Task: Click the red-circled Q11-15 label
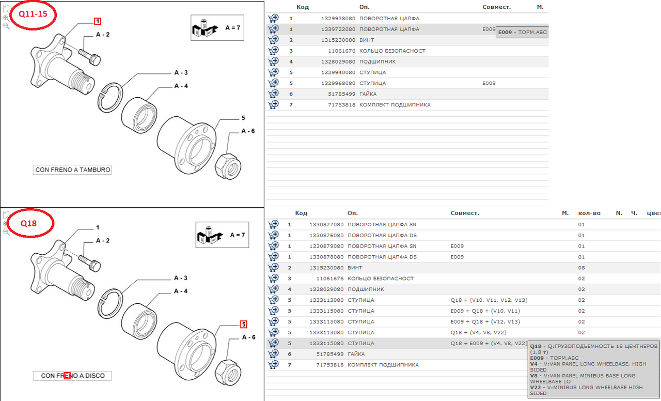(33, 14)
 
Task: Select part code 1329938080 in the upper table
(338, 18)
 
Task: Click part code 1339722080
(338, 29)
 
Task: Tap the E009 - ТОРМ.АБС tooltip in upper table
(522, 32)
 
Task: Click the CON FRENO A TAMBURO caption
(72, 170)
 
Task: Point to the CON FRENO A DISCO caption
(72, 376)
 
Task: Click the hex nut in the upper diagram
(228, 166)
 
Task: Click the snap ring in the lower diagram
(110, 304)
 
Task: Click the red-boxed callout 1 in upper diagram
(98, 21)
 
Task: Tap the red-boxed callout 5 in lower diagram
(243, 324)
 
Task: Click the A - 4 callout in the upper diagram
(181, 86)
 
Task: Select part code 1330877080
(326, 224)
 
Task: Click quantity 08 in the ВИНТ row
(581, 268)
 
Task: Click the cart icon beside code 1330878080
(273, 257)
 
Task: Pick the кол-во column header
(589, 213)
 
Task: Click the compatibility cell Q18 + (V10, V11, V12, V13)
(489, 300)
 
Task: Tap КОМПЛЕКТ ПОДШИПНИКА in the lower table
(383, 365)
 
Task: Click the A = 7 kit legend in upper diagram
(217, 28)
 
